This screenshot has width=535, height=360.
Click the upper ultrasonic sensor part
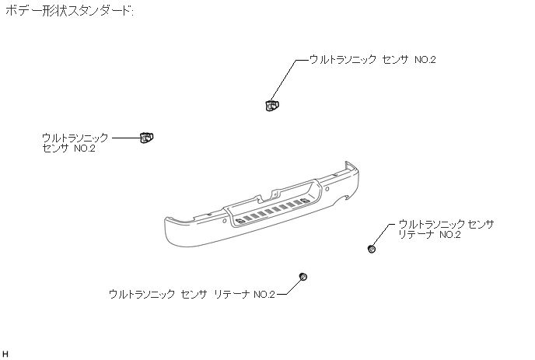coord(271,104)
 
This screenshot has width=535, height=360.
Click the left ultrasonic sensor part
coord(146,138)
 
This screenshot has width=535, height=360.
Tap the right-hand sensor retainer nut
coord(372,249)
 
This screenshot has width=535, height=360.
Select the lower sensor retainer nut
coord(303,278)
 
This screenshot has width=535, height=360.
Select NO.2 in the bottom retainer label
coord(264,295)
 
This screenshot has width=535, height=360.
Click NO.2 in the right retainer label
coord(449,235)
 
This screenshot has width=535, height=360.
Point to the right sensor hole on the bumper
coord(327,189)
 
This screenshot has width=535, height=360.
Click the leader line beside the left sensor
coord(125,138)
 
